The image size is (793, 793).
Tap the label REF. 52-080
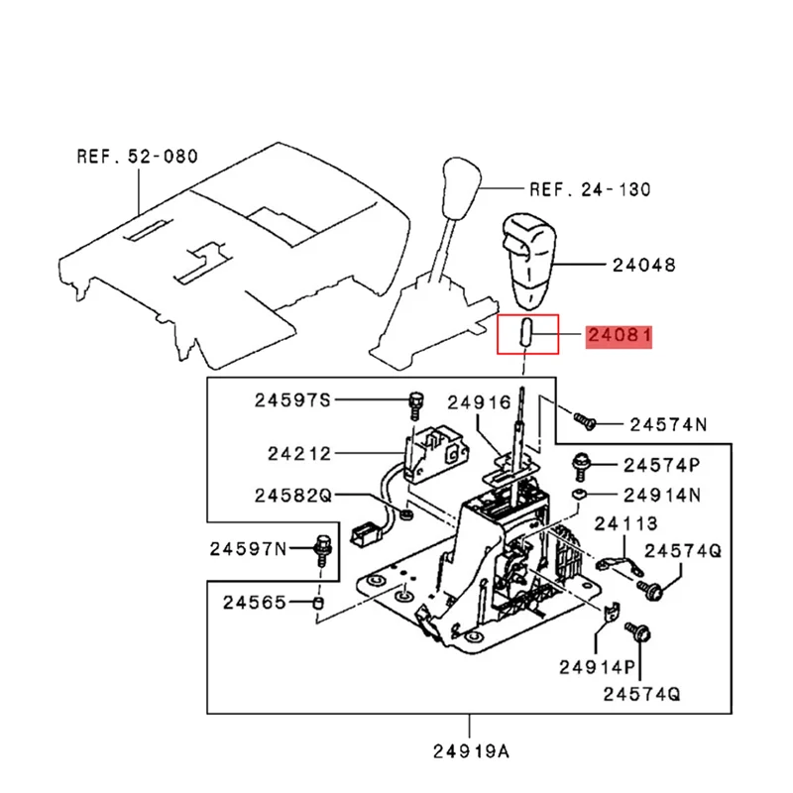click(137, 156)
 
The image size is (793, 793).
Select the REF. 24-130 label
click(590, 189)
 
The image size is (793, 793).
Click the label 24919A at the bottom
click(472, 749)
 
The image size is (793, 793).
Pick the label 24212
click(299, 454)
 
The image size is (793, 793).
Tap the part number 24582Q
click(294, 494)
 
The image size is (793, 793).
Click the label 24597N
click(248, 547)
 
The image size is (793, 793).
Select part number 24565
click(254, 602)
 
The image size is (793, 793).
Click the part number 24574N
click(668, 424)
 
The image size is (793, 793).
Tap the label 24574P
click(661, 464)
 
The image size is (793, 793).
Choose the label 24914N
click(661, 494)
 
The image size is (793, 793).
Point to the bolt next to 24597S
click(414, 402)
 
